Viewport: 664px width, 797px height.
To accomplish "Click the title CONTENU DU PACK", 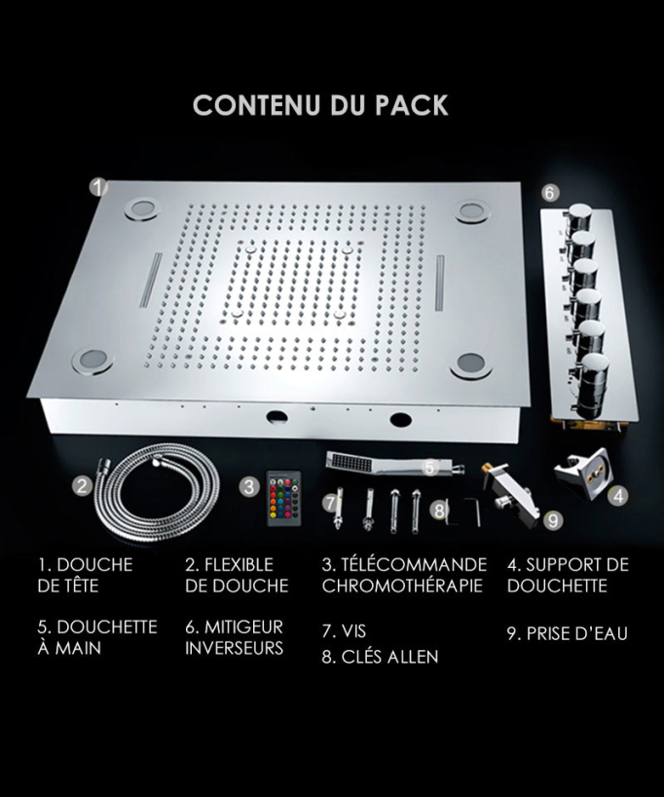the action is [x=320, y=104].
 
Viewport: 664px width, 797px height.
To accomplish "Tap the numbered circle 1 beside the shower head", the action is [x=98, y=186].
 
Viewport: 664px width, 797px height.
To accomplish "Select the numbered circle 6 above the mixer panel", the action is [x=550, y=193].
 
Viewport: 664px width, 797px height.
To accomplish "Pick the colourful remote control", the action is [x=284, y=498].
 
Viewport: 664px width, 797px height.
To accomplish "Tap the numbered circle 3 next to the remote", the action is [x=249, y=486].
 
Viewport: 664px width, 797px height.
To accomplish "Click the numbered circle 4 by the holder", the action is [x=618, y=495].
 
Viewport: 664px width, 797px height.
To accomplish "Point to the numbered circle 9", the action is [x=553, y=520].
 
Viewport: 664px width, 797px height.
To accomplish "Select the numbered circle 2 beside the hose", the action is [x=83, y=485].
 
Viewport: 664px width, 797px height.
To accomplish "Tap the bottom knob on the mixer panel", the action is [x=593, y=379].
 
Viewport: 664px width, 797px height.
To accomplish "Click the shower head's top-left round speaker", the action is [x=140, y=209].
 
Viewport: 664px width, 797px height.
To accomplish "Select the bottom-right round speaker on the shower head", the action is [x=470, y=364].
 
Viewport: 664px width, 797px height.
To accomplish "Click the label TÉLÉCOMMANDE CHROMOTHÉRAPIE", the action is [x=404, y=575].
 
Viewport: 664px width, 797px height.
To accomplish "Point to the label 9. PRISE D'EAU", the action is [x=567, y=633].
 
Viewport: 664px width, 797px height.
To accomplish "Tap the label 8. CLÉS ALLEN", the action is [x=380, y=657].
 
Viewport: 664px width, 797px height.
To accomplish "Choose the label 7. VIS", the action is [x=344, y=631].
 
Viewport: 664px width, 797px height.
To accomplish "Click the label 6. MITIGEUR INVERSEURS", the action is [x=235, y=637].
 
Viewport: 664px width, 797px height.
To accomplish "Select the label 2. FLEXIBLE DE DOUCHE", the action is [x=237, y=575].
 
